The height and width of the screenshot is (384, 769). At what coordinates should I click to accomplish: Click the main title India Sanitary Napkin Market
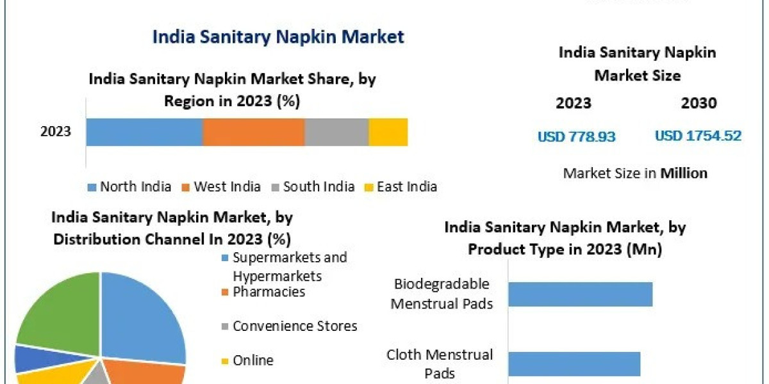(x=278, y=36)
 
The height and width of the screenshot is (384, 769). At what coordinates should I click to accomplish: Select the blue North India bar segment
(x=144, y=132)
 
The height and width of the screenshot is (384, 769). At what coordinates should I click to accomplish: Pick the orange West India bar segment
(x=253, y=132)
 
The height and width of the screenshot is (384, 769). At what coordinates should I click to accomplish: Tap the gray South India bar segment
(x=336, y=132)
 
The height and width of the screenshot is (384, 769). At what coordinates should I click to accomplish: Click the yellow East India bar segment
(x=388, y=132)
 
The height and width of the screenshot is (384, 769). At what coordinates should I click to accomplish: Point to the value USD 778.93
(x=576, y=136)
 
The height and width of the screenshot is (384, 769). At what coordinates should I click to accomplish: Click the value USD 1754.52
(x=698, y=136)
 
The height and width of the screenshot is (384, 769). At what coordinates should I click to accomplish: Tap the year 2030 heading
(x=699, y=103)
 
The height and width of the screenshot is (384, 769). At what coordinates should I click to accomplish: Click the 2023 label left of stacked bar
(x=56, y=132)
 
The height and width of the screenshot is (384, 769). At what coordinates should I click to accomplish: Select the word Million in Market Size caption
(x=684, y=173)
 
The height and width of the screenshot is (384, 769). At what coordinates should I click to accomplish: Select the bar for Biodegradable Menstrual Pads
(x=580, y=294)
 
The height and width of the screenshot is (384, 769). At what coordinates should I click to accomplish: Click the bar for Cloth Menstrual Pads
(x=574, y=364)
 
